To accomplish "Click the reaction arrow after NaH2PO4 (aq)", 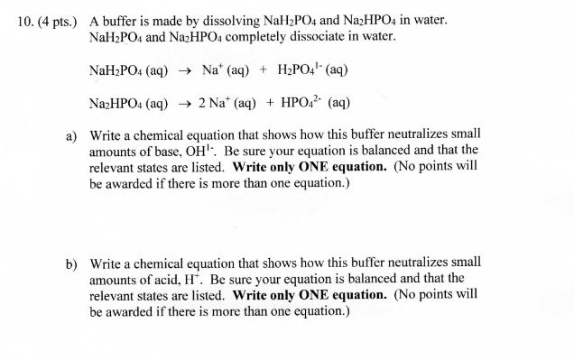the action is [184, 69].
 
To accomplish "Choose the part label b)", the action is [71, 263].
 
